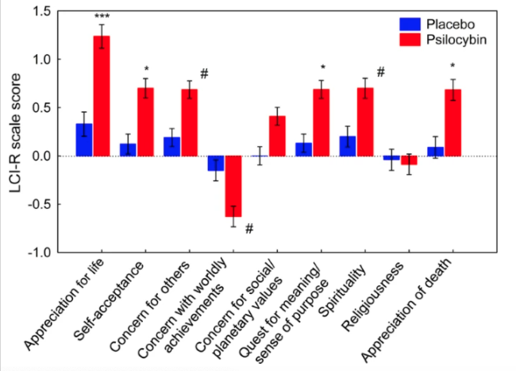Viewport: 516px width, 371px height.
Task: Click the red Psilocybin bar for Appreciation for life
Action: (102, 95)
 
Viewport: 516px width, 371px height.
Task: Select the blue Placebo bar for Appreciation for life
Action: (84, 140)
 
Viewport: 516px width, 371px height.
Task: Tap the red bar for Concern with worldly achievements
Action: (233, 186)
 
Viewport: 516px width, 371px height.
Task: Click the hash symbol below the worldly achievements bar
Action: (248, 229)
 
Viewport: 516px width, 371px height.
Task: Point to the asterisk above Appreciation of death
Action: (452, 67)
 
